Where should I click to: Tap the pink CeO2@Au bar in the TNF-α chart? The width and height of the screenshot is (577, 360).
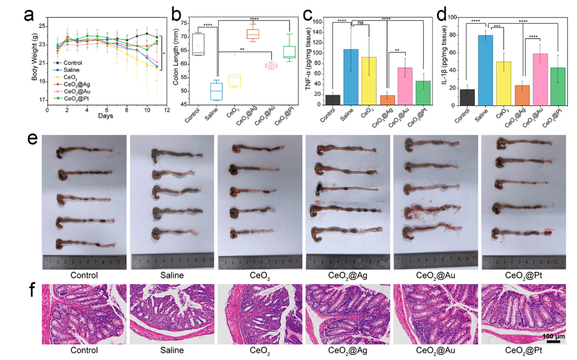tap(405, 87)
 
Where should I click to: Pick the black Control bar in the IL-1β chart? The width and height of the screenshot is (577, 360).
tap(467, 97)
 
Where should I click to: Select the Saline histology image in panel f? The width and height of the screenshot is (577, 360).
tap(171, 314)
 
